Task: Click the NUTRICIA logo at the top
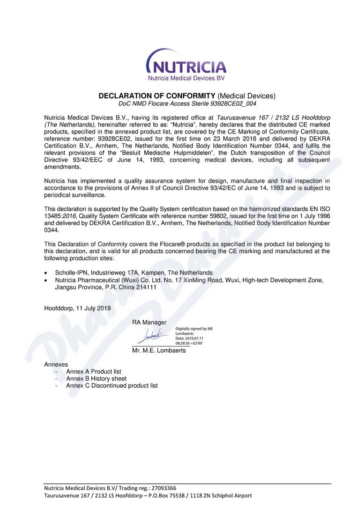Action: (186, 66)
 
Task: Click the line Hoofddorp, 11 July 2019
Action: (77, 309)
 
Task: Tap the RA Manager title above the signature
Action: (149, 323)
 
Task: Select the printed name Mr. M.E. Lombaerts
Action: (159, 351)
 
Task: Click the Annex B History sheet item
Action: (96, 379)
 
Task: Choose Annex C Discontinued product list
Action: (111, 386)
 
